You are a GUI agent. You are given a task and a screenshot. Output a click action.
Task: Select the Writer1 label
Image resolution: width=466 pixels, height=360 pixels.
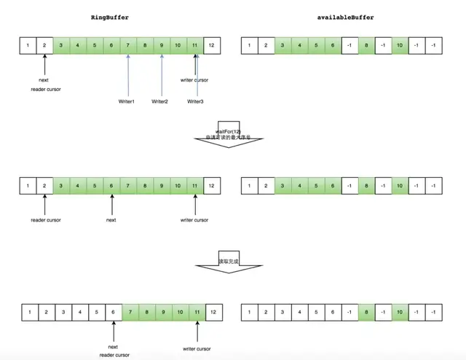126,101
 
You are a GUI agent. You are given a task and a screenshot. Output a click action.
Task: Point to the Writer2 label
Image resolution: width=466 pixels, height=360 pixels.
160,101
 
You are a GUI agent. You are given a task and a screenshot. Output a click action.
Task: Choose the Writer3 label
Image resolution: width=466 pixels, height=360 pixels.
195,101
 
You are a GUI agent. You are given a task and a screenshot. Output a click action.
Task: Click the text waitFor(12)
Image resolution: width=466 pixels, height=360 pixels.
228,130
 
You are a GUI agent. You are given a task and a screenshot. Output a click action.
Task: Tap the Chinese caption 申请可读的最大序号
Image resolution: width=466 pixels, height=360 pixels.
228,137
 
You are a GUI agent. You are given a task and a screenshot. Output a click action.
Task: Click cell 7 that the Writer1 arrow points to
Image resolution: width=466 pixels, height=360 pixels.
127,46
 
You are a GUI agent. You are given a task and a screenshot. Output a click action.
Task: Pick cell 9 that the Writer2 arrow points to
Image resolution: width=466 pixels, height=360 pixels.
162,46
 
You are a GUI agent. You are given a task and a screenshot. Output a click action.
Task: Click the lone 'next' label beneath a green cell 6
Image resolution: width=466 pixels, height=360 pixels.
111,219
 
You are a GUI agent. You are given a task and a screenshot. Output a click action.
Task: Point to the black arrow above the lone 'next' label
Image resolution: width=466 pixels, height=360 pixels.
111,204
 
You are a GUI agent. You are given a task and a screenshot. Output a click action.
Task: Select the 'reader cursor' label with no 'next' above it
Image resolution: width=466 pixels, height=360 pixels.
45,219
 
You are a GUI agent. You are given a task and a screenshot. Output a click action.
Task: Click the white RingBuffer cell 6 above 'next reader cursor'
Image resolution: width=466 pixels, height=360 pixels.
113,312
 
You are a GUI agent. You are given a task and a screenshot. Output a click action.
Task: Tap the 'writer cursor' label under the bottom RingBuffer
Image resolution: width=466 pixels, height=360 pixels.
197,348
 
